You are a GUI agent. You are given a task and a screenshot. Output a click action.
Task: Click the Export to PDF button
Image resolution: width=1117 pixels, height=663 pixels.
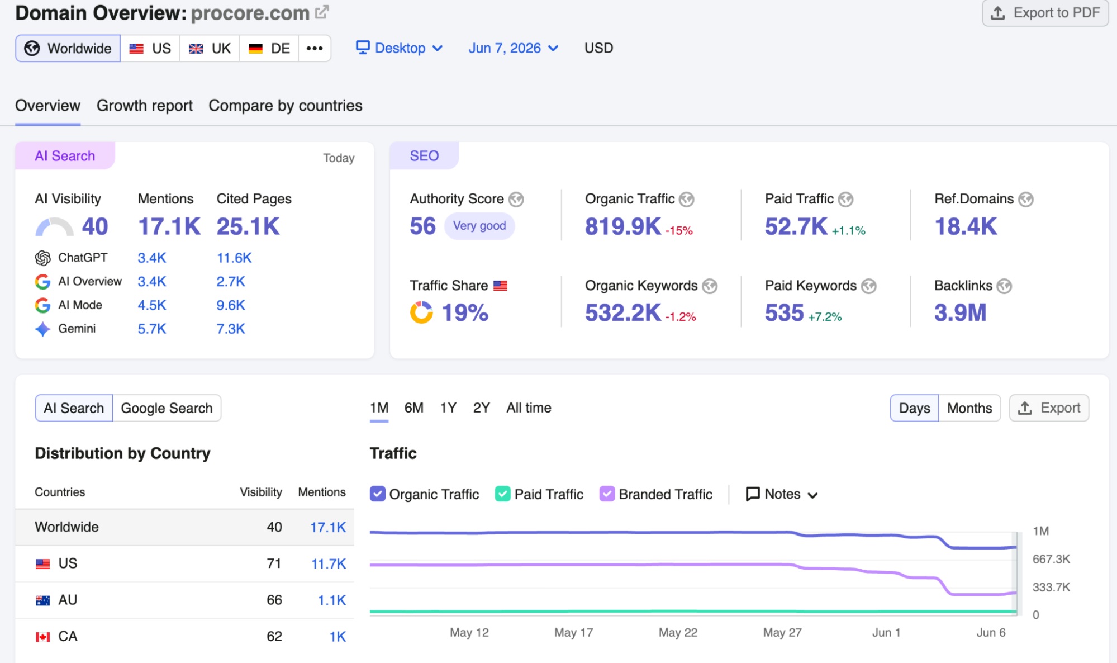[1045, 13]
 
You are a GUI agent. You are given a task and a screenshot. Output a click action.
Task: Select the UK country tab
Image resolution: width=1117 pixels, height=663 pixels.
[210, 48]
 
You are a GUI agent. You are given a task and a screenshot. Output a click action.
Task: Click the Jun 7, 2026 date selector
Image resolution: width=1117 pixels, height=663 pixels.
[513, 48]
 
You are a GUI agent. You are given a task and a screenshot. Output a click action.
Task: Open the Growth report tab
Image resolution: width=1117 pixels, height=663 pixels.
[144, 106]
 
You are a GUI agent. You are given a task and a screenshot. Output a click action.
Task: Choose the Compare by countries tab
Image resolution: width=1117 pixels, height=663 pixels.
[286, 106]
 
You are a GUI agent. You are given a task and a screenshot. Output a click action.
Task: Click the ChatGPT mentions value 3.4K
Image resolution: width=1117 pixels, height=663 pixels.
[152, 258]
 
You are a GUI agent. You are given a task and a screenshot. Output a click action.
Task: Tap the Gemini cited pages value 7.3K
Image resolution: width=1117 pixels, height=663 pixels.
[231, 329]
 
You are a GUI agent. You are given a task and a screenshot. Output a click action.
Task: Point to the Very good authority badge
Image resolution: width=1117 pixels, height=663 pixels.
[479, 226]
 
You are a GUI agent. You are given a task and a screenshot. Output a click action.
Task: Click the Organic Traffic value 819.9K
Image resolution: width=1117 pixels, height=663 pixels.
[623, 226]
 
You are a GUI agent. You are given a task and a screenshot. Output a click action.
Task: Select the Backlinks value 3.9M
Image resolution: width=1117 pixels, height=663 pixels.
[961, 312]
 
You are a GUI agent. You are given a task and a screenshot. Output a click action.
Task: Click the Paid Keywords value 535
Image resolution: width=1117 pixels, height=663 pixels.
[785, 312]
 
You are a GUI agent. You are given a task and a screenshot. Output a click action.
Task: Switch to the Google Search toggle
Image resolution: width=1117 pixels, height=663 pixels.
[167, 408]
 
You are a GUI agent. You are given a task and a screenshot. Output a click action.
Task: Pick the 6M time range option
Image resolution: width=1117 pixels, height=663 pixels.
[414, 408]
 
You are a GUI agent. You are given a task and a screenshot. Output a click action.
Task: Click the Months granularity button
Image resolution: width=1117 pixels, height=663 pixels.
[969, 408]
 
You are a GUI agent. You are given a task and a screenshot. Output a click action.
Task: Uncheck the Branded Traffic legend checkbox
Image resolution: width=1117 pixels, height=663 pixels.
[607, 494]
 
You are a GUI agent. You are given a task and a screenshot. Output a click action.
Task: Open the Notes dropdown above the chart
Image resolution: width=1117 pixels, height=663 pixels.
[782, 494]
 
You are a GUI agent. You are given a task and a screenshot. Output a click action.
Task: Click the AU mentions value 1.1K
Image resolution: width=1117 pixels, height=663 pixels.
[332, 600]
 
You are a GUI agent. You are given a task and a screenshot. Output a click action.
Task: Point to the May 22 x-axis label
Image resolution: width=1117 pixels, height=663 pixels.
[678, 632]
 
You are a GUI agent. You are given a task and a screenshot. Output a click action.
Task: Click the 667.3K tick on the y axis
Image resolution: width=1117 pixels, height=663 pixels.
[1051, 559]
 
